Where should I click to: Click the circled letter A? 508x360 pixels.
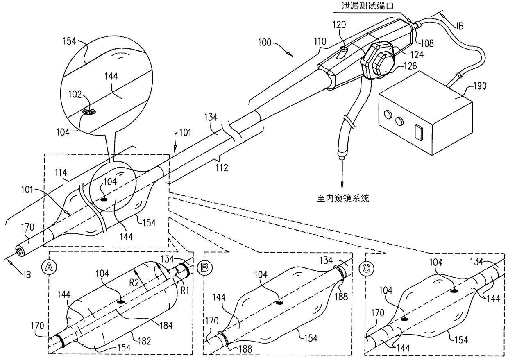(49, 267)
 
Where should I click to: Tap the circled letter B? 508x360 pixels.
(203, 267)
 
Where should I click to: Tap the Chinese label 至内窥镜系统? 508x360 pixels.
(343, 199)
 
